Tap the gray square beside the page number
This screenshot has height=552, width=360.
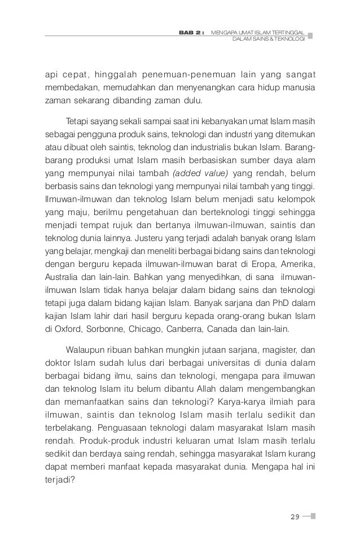pos(313,515)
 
